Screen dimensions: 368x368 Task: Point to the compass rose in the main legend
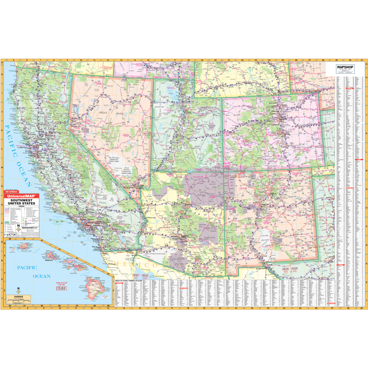tap(18, 227)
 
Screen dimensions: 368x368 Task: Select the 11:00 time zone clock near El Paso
tap(295, 268)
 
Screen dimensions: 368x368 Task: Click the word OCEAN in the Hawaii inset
tap(41, 276)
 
